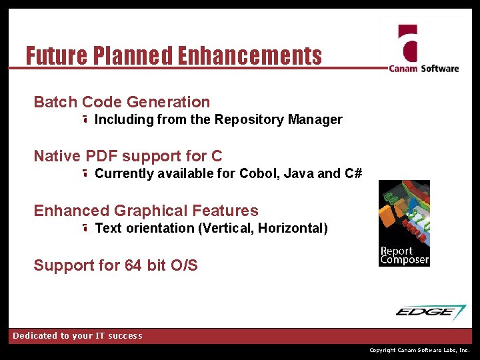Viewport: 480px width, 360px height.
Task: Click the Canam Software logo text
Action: tap(424, 68)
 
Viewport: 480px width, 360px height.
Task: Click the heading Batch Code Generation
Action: tap(121, 102)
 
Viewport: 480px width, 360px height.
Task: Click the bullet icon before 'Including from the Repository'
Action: tap(86, 120)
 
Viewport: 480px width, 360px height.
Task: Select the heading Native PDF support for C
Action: tap(128, 156)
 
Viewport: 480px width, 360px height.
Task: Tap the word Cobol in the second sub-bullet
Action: tap(257, 174)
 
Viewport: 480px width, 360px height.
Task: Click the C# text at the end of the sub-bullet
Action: tap(353, 174)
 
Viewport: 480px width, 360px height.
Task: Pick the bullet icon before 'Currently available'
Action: tap(86, 174)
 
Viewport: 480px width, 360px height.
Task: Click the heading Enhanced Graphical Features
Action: tap(146, 211)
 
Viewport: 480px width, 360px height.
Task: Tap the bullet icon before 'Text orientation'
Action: tap(86, 229)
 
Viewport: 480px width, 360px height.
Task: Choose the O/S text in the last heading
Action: tap(184, 265)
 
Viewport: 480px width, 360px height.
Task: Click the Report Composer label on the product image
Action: tap(404, 255)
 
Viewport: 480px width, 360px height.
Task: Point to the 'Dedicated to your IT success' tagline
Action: tap(77, 336)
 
